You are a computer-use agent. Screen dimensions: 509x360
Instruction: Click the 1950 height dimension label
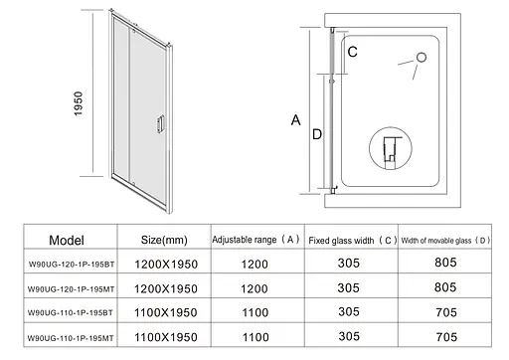[79, 103]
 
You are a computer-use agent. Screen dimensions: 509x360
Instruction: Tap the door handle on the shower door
[160, 124]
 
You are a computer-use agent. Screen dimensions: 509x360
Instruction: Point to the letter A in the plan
[296, 120]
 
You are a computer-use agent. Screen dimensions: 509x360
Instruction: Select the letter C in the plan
[353, 52]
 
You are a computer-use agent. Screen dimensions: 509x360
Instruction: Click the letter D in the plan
[317, 134]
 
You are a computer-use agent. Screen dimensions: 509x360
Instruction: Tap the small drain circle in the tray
[422, 58]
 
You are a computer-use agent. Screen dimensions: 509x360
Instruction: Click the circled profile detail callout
[391, 148]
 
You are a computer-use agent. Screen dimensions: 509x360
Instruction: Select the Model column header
[67, 240]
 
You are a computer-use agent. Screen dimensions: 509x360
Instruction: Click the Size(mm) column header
[164, 240]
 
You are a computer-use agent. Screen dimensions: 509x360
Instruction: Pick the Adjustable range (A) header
[255, 240]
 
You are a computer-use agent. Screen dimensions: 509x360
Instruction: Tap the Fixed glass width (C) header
[352, 241]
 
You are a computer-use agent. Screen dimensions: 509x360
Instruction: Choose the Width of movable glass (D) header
[445, 241]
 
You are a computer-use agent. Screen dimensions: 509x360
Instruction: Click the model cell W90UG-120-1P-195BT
[72, 265]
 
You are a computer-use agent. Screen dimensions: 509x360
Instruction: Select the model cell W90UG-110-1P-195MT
[71, 338]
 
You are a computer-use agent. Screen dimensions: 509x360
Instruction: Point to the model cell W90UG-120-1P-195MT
[71, 289]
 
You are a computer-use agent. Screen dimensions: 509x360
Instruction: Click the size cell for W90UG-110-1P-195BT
[166, 312]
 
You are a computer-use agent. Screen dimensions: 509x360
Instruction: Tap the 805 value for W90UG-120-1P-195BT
[445, 263]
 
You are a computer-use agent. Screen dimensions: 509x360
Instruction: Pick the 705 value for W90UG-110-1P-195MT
[446, 337]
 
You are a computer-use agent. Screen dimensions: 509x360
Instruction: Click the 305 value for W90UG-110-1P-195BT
[349, 311]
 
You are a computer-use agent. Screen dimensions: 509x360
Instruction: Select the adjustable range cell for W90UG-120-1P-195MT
[254, 288]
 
